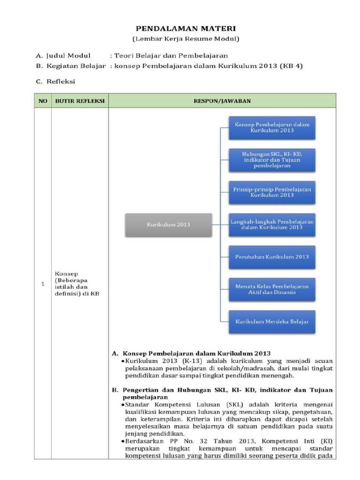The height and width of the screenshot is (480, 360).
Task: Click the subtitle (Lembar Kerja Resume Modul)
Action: point(186,38)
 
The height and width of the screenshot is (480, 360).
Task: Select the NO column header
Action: point(43,100)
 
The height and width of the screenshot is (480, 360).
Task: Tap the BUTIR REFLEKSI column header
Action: point(80,100)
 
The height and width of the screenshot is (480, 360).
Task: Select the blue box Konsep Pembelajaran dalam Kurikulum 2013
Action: point(272,128)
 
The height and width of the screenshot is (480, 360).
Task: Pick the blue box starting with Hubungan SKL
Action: point(272,159)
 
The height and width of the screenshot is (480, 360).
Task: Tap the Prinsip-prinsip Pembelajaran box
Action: point(272,192)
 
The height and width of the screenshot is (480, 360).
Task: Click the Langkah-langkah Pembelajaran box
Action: point(272,224)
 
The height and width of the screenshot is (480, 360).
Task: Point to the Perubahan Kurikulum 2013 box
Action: point(272,257)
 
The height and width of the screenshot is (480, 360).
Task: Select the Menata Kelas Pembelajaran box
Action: point(272,289)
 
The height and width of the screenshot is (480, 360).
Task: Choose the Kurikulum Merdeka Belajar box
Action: point(272,322)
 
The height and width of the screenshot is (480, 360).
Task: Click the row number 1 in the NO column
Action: point(43,284)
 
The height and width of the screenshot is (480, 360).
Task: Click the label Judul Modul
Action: point(68,55)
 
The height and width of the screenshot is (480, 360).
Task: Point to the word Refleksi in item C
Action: point(61,82)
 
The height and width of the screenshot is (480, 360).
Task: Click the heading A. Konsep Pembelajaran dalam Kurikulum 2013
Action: point(191,352)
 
